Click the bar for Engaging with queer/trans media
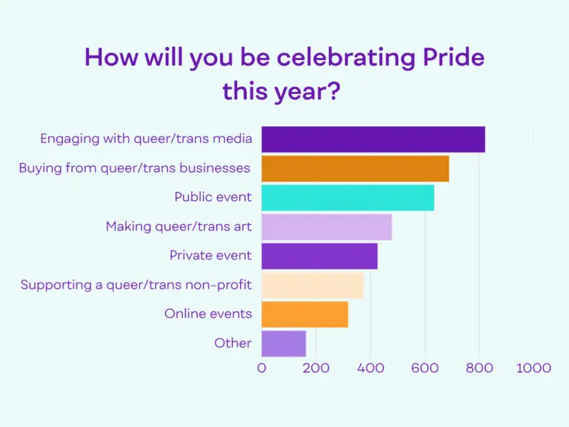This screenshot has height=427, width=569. (x=373, y=139)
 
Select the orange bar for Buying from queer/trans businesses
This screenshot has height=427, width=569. (x=356, y=168)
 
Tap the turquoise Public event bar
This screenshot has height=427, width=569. (x=347, y=197)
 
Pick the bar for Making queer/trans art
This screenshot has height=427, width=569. (x=327, y=227)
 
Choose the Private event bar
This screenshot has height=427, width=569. (x=319, y=256)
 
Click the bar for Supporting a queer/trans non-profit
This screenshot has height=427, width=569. (x=313, y=285)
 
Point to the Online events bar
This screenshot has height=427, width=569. (x=305, y=314)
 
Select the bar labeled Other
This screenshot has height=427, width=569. (x=284, y=343)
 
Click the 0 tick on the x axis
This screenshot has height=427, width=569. (x=262, y=368)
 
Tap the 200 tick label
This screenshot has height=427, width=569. (x=316, y=368)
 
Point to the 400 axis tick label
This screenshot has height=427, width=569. (x=370, y=368)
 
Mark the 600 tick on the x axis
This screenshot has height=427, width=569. (x=425, y=368)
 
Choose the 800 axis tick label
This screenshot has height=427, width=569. (x=479, y=368)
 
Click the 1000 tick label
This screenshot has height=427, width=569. (x=533, y=368)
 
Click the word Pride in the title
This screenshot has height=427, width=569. (x=453, y=57)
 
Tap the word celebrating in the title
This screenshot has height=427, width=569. (x=346, y=58)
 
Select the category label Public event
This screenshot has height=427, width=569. (x=213, y=196)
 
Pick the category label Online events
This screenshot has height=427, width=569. (x=208, y=314)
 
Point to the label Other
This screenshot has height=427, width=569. (x=233, y=343)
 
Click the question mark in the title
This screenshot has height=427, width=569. (x=334, y=90)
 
